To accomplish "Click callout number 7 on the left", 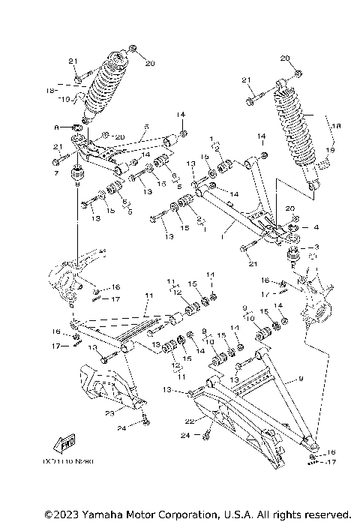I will (55, 174).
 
